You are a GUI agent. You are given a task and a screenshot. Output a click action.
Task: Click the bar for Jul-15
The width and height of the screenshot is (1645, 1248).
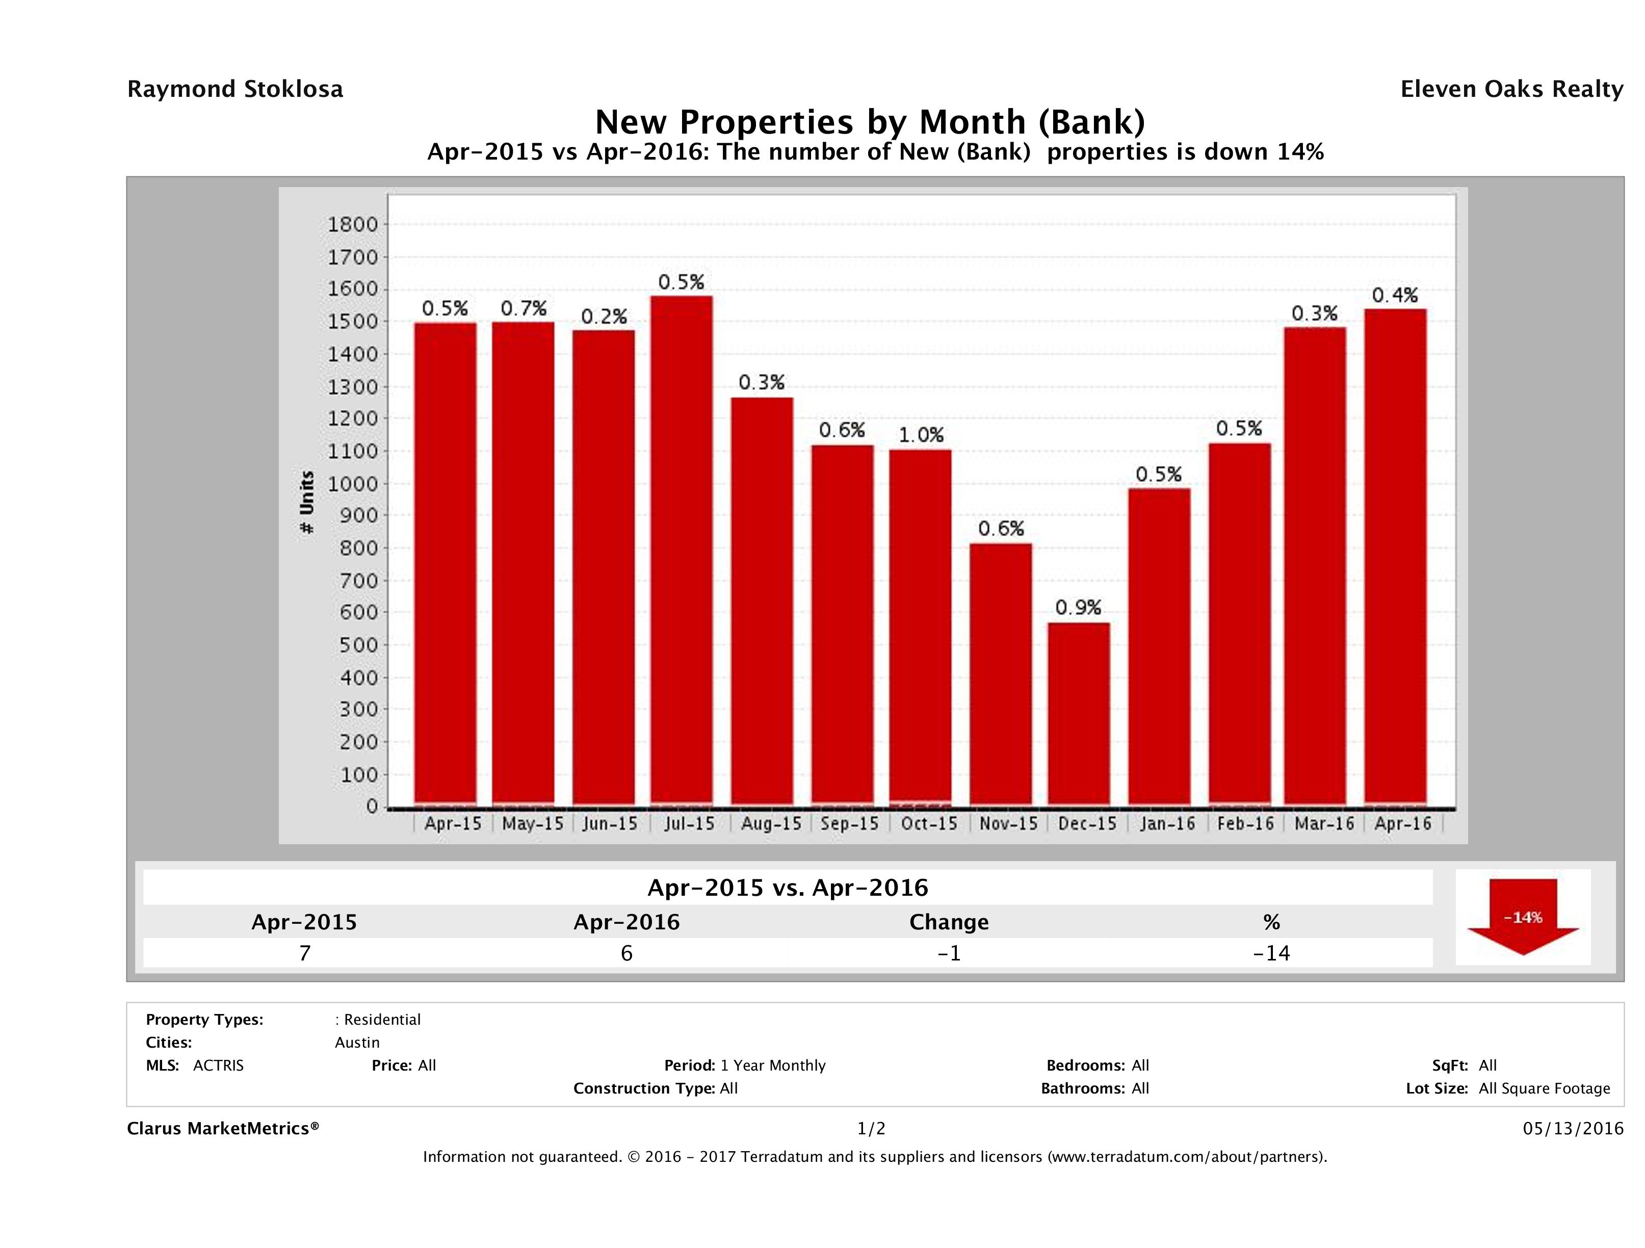click(x=681, y=551)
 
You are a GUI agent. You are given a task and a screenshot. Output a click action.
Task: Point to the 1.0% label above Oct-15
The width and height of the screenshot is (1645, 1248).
click(x=921, y=435)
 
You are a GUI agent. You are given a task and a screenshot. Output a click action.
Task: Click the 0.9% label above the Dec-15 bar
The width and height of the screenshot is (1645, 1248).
click(x=1078, y=608)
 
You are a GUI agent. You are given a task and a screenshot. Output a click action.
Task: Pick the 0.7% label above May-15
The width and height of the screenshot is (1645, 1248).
click(x=524, y=308)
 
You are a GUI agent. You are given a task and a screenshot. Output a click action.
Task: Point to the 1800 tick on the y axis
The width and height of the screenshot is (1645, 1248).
click(x=353, y=225)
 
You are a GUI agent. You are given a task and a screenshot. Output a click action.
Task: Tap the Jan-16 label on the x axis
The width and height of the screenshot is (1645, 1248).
click(x=1167, y=824)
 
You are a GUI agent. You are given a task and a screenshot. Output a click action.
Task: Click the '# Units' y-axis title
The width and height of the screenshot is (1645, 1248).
click(x=306, y=502)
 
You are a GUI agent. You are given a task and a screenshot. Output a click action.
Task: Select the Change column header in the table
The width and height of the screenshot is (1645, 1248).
click(x=949, y=922)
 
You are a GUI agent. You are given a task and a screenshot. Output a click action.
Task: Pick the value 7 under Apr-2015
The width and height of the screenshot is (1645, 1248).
click(x=304, y=953)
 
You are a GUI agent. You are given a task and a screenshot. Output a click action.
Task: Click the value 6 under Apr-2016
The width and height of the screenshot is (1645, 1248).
click(x=626, y=953)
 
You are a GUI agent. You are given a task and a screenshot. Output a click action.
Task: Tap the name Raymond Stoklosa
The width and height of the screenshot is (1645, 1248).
click(x=235, y=89)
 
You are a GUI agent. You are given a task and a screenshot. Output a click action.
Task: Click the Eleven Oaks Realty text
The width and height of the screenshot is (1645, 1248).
click(x=1511, y=89)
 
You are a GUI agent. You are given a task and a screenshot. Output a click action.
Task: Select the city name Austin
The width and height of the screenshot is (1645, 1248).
click(x=357, y=1043)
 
